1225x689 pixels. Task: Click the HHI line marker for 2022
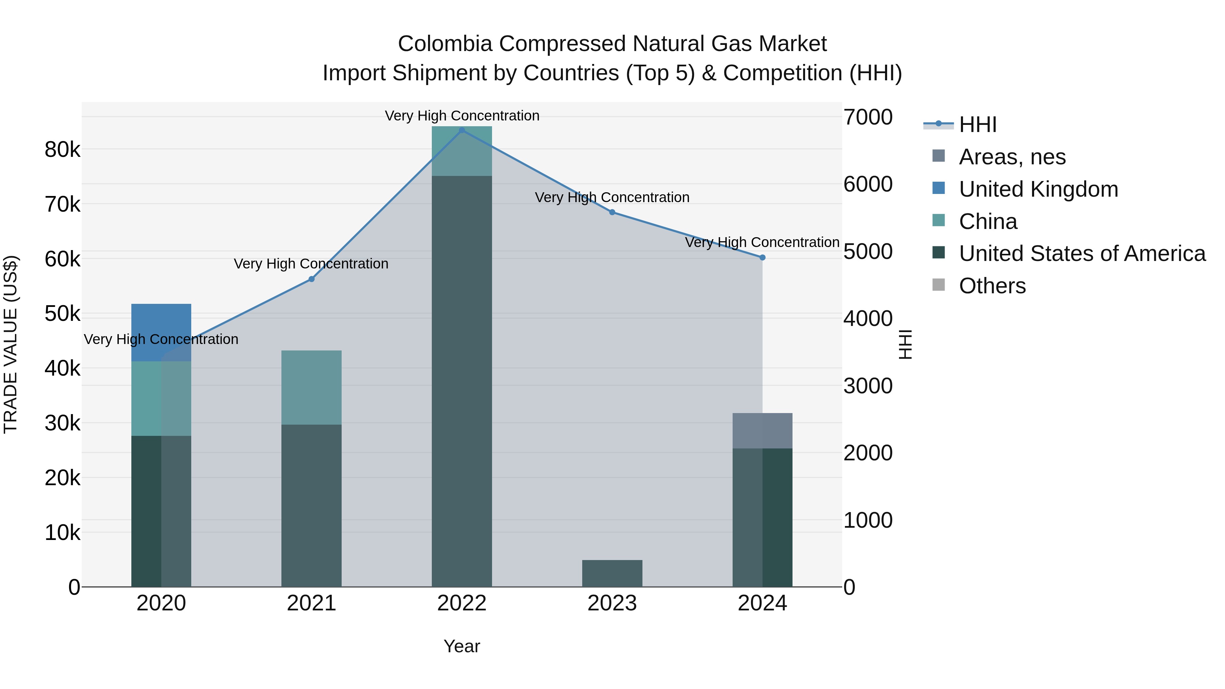click(462, 130)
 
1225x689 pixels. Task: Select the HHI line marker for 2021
click(311, 279)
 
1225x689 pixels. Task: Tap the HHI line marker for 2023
click(612, 212)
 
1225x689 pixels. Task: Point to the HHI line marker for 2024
click(762, 257)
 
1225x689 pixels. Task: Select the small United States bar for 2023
click(612, 573)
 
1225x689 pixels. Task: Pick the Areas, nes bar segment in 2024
click(762, 431)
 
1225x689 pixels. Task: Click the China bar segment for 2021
click(311, 388)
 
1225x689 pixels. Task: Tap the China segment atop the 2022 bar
click(462, 151)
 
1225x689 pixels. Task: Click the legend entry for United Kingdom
click(1038, 189)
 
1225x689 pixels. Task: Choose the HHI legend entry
click(977, 125)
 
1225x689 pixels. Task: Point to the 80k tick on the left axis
click(62, 150)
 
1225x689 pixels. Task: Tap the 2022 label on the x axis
click(462, 603)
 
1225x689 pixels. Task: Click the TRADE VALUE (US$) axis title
click(11, 344)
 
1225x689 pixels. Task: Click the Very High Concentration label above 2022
click(462, 116)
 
